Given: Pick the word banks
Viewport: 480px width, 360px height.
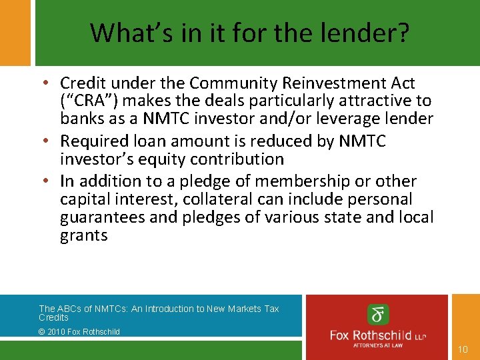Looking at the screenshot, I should [81, 119].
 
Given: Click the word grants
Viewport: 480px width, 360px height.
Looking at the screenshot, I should [83, 235].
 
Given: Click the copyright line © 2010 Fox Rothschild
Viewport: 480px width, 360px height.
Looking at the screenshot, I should [79, 331].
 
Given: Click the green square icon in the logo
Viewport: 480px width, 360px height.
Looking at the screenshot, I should [379, 315].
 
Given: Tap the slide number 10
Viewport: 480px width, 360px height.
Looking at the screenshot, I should [463, 349].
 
